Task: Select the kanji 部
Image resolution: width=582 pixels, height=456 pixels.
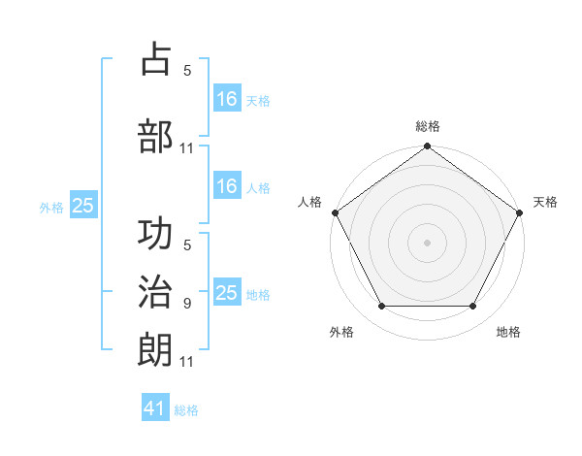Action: coord(155,135)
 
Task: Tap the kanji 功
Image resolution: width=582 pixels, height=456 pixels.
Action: coord(155,236)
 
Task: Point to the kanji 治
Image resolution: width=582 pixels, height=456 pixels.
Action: coord(155,292)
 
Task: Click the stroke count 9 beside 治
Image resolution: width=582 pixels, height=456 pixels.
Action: coord(187,304)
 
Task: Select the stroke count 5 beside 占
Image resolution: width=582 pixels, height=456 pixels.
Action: coord(187,70)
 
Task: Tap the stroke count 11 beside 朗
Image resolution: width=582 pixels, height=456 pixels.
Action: coord(187,362)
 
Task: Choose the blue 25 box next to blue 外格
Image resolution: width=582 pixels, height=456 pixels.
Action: coord(82,206)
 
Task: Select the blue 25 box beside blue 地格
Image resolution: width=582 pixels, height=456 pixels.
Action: coord(226,293)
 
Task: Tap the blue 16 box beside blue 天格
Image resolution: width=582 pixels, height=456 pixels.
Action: coord(226,99)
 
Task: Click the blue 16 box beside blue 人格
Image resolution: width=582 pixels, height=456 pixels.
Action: coord(226,186)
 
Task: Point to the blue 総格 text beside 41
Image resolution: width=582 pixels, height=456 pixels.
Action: coord(186,410)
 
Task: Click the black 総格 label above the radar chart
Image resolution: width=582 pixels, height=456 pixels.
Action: coord(427,126)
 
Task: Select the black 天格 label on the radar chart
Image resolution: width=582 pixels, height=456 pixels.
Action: coord(545,202)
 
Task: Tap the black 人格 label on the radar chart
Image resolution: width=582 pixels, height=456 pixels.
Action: coord(309,202)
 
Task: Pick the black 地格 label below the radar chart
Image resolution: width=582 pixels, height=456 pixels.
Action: coord(508,332)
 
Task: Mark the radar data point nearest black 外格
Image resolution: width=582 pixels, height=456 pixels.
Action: coord(381,307)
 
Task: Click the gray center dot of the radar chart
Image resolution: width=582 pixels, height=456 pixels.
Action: coord(427,242)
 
